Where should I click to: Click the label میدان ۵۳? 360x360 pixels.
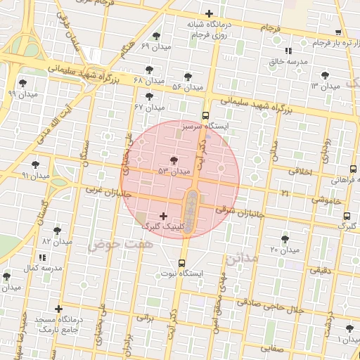pos(174,171)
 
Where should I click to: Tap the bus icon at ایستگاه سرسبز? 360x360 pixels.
pos(205,115)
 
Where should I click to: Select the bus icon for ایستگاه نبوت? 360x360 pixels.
pos(181,264)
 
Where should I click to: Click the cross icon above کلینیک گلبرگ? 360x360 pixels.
pos(164,216)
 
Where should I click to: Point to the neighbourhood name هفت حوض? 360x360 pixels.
pos(110,245)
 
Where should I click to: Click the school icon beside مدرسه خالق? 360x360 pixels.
pos(288,51)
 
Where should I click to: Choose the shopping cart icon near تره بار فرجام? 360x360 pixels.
pos(338,32)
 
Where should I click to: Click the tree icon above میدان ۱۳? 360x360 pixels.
pos(324,75)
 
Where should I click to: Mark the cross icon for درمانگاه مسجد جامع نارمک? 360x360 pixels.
pos(58,309)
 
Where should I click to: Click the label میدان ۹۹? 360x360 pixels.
pos(21,93)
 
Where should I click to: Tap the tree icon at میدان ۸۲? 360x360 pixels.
pos(57,231)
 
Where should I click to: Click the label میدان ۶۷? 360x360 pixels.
pos(149,108)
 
